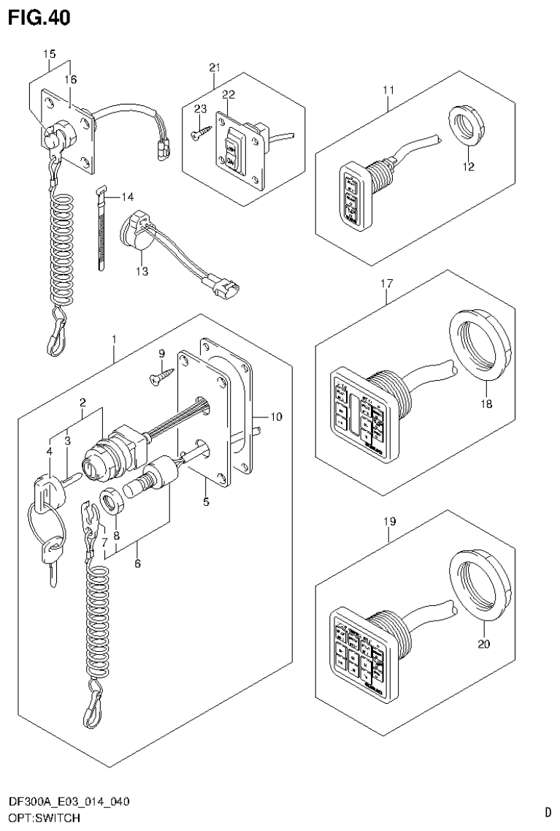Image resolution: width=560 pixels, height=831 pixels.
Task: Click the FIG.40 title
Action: coord(41,18)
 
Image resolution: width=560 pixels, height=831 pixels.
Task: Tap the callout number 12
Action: coord(468,167)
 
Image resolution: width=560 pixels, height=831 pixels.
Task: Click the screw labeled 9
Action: coord(160,377)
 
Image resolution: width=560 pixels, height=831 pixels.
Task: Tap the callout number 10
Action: coord(275,417)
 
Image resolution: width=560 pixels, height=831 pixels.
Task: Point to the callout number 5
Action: coord(206,502)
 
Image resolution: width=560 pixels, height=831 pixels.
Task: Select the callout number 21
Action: coord(214,68)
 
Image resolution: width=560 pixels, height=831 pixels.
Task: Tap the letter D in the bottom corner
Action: coord(548,811)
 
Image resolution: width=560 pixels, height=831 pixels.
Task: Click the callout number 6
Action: coord(137,564)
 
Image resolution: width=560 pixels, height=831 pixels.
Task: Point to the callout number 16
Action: coord(71,79)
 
